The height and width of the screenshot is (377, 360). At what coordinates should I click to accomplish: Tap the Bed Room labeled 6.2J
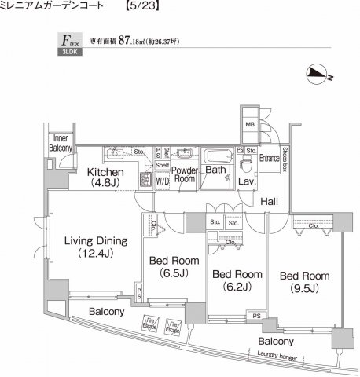coord(237,280)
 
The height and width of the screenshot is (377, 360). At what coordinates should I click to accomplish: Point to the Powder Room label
coord(184,174)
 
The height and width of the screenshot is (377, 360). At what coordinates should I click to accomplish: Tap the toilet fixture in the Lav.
coord(246,166)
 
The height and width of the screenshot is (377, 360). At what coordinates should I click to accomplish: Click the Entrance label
coord(270,157)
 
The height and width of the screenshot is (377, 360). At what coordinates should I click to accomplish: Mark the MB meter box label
coord(249,124)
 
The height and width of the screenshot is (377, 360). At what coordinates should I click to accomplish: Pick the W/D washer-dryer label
coord(162,180)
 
